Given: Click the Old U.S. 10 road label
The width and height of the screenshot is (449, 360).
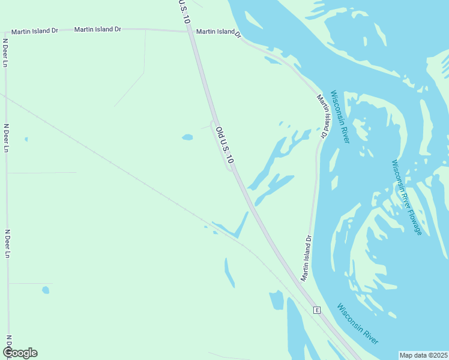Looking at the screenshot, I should coord(224,146).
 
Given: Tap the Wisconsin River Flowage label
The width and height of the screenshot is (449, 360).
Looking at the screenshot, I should coord(407,197).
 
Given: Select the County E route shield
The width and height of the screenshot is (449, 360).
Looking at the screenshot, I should coord(316,310).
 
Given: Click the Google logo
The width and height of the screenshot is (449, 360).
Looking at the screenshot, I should coord(20,353).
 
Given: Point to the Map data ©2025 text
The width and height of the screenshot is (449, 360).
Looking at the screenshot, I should coord(424,355).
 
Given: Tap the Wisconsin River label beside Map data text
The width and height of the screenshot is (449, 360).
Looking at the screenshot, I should coord(358,324).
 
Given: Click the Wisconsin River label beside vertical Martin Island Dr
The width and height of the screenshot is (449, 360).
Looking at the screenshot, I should coord(340,118).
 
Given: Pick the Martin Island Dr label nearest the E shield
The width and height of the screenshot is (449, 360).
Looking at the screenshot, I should coord(307,259).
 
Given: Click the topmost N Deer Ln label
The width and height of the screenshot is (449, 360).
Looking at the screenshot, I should coord(5,53).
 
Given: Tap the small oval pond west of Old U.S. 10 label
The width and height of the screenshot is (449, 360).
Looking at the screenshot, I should coord(187,137).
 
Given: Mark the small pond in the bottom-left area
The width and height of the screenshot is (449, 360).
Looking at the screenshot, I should coord(46,290).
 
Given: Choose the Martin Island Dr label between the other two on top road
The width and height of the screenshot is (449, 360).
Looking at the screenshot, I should coord(97,29).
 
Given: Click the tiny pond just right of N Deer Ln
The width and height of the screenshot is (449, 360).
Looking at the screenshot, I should coord(26,139).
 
